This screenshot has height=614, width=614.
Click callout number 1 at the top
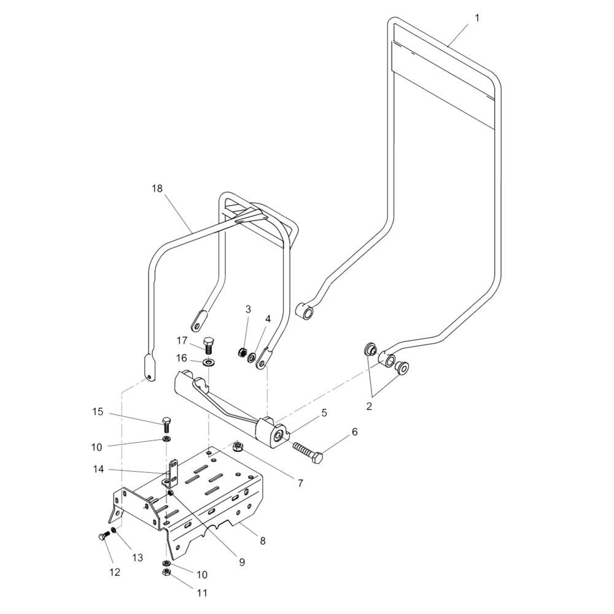pyautogui.click(x=477, y=18)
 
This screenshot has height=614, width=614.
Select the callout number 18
pyautogui.click(x=158, y=188)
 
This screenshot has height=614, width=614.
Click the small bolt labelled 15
pyautogui.click(x=166, y=423)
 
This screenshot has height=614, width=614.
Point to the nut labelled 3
pyautogui.click(x=243, y=352)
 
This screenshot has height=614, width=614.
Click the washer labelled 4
pyautogui.click(x=252, y=356)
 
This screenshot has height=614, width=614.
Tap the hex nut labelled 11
pyautogui.click(x=165, y=573)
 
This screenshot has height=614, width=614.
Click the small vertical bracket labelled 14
pyautogui.click(x=173, y=472)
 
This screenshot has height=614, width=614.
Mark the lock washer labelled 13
pyautogui.click(x=114, y=530)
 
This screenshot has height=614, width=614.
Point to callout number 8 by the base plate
pyautogui.click(x=263, y=541)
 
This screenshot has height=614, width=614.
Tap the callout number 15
pyautogui.click(x=98, y=411)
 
